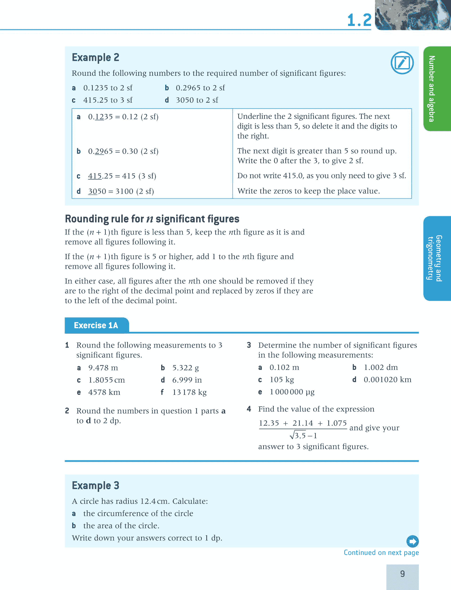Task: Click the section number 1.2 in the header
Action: pos(359,20)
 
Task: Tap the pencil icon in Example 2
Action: pos(402,63)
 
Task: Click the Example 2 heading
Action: pos(95,57)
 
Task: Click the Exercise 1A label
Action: pos(96,325)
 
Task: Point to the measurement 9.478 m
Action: pos(103,368)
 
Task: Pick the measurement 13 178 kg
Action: pos(189,392)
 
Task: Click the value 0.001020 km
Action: pos(387,379)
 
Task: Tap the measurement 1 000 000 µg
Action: pos(292,392)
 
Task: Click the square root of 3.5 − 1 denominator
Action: pos(303,435)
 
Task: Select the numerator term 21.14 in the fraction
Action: pos(303,423)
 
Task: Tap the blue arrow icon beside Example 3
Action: pos(412,541)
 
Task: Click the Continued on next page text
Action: pos(381,552)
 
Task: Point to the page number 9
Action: pos(402,574)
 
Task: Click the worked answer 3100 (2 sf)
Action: pos(135,191)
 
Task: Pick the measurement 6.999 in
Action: pos(187,380)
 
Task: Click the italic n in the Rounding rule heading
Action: pos(150,219)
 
